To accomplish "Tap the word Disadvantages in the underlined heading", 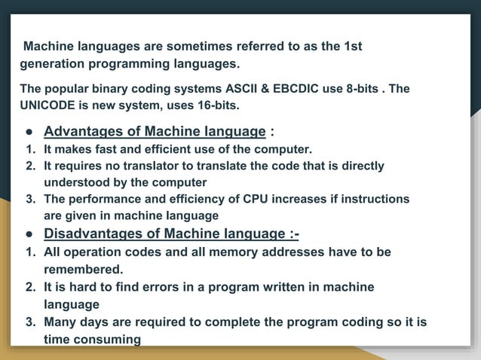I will coord(93,233).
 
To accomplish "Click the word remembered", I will coord(84,269).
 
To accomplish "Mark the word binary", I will coord(109,88).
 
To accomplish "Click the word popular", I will coord(66,88).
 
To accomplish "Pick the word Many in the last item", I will coord(60,322).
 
